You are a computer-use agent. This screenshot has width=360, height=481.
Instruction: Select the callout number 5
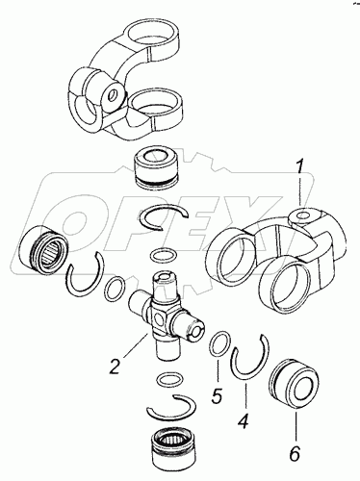point(217,396)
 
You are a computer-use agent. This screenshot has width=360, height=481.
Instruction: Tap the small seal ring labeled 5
point(219,344)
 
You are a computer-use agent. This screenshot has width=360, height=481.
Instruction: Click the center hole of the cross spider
point(159,319)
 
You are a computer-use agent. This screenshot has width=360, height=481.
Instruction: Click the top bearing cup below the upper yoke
point(157,169)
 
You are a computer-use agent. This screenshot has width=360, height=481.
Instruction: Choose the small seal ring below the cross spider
point(170,379)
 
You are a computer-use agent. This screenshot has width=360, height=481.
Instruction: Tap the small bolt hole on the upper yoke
point(112,95)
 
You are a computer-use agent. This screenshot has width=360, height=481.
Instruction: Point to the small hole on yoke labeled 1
point(302,216)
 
